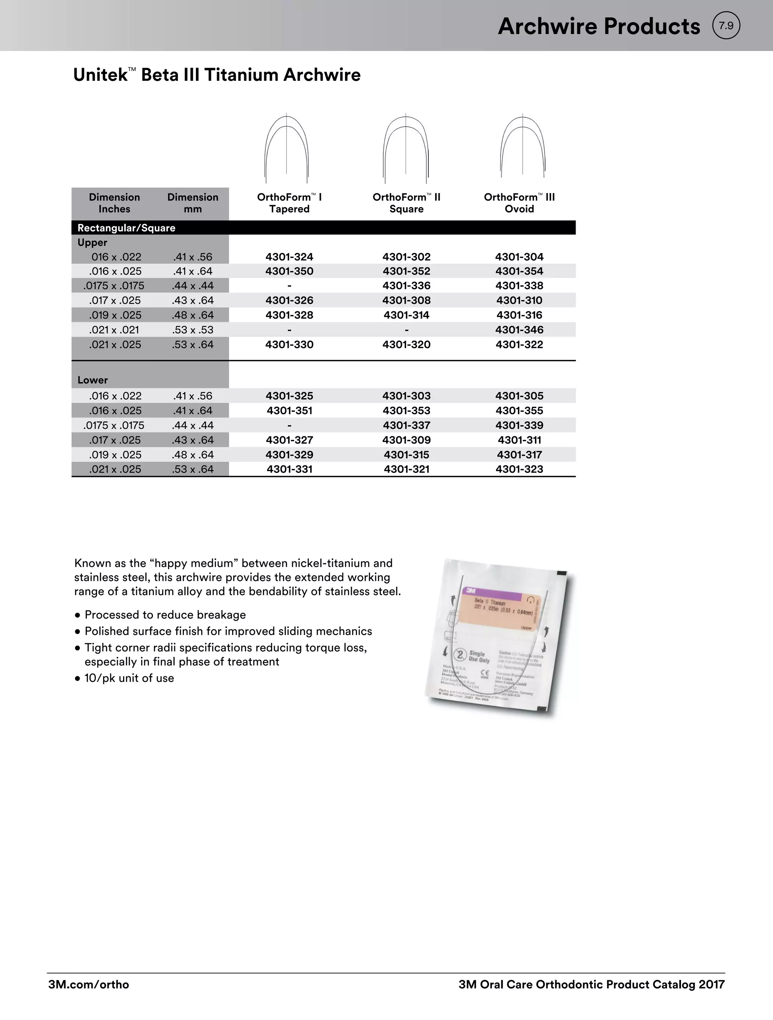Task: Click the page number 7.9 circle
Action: tap(726, 26)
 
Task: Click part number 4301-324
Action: tap(289, 257)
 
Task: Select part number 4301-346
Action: tap(519, 330)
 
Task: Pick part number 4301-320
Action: tap(406, 345)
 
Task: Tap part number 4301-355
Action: tap(519, 410)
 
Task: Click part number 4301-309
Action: tap(406, 440)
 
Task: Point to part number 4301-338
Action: tap(519, 286)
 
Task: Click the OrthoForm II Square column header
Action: tap(406, 203)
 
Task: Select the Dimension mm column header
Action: tap(192, 203)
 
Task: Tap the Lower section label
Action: tap(92, 380)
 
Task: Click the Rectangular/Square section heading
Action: tap(126, 228)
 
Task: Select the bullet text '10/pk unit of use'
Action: tap(129, 678)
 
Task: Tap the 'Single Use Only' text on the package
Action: tap(479, 657)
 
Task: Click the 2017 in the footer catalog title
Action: tap(711, 984)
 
